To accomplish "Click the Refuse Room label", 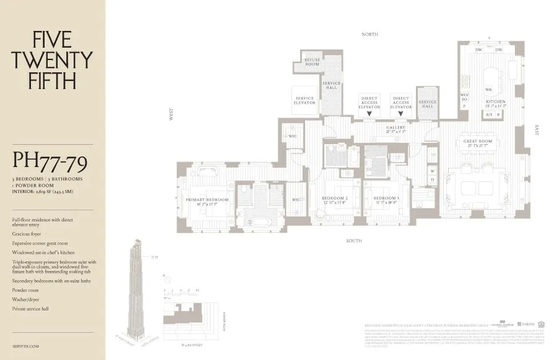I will [x=312, y=62].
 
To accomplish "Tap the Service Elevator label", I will [x=304, y=100].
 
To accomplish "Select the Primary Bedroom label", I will [x=207, y=200].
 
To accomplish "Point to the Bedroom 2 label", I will [x=335, y=199].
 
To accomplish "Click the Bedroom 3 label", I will [x=381, y=199].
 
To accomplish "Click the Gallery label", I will [x=395, y=128].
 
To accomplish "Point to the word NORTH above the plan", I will [x=369, y=35].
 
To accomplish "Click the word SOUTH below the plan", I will [x=354, y=240].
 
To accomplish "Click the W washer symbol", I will [x=432, y=169].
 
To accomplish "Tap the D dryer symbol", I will [x=432, y=179].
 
